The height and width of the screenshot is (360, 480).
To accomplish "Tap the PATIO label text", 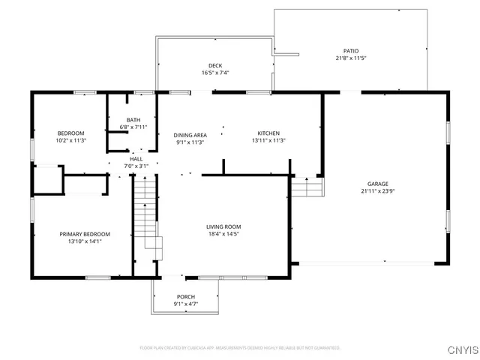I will coord(349,51).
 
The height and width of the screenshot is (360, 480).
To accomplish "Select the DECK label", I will coord(214,66).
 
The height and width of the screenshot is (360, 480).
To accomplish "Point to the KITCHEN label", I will coord(268,133).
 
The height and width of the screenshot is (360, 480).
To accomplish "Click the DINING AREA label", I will coord(190,135).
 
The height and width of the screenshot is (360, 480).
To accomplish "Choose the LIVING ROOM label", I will coord(223,226).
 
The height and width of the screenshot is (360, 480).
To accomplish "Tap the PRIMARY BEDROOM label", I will coord(85,234).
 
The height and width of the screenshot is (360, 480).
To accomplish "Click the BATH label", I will coord(133,120).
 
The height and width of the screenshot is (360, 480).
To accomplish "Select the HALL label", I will coord(136,159).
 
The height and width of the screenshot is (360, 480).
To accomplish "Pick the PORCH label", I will coord(185,297).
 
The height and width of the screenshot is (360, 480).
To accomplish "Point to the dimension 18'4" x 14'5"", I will coord(223,234).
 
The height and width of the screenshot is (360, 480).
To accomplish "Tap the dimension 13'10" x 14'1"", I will coord(85,241).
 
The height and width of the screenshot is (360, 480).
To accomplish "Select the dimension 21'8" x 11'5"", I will coord(349,58).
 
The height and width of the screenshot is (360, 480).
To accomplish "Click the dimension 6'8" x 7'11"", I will coord(133,127).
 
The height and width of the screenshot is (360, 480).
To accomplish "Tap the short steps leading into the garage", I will coord(307,187).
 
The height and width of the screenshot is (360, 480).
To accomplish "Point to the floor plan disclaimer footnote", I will coord(240,348).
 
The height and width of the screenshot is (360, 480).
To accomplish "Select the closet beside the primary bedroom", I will coord(46,180).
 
